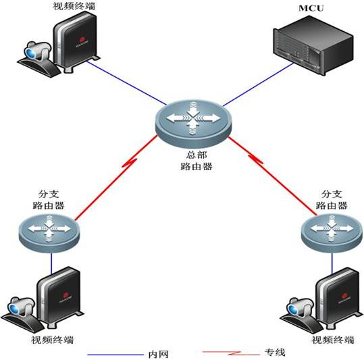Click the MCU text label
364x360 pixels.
pos(311,8)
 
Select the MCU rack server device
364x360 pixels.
pos(313,45)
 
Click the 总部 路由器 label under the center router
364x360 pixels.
pos(197,161)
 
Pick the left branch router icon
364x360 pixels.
pos(49,233)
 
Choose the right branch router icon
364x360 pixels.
pos(332,233)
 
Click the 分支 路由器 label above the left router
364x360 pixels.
pos(49,200)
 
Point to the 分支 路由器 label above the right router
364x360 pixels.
pos(332,200)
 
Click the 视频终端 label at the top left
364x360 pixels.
pos(74,6)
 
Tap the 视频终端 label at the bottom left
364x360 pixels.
pos(53,340)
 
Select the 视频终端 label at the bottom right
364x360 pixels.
pos(333,340)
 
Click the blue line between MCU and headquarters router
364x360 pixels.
pos(258,84)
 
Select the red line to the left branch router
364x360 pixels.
pos(116,178)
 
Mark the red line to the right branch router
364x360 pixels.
pos(273,176)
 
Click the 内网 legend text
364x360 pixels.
pos(158,355)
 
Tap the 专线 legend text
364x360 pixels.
pos(275,353)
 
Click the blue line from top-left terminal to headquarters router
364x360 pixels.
pos(126,83)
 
